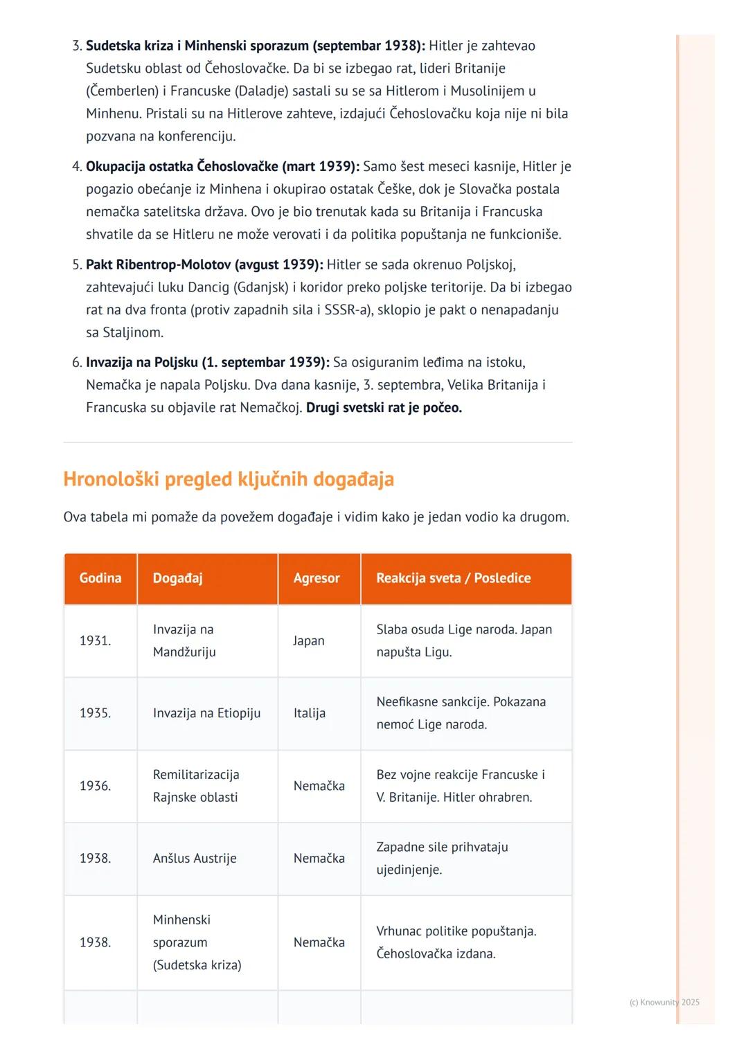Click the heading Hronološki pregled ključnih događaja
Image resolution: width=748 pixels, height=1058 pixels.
(229, 479)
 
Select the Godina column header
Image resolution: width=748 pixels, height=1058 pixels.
(100, 578)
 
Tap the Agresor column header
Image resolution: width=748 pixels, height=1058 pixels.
(317, 578)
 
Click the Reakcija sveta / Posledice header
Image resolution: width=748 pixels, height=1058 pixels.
(454, 578)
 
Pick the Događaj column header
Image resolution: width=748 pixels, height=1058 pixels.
(178, 578)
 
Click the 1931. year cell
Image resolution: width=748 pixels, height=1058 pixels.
(96, 640)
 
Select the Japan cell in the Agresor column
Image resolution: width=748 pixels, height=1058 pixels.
(309, 640)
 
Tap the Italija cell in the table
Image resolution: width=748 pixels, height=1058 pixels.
(310, 713)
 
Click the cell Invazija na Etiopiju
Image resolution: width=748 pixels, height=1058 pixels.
(207, 713)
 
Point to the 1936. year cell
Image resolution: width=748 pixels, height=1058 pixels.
(96, 786)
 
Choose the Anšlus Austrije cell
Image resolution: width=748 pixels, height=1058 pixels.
(195, 859)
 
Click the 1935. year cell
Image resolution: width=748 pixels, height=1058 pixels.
(96, 713)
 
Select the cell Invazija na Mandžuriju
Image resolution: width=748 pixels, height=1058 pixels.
(184, 640)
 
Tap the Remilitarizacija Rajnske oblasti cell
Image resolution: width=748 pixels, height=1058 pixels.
(196, 786)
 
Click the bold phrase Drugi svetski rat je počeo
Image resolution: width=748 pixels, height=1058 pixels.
(384, 408)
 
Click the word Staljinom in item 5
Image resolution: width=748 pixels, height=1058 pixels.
(133, 332)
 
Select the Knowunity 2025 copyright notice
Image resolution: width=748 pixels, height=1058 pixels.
(664, 1002)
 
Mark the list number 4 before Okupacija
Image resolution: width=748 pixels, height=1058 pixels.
(76, 167)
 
